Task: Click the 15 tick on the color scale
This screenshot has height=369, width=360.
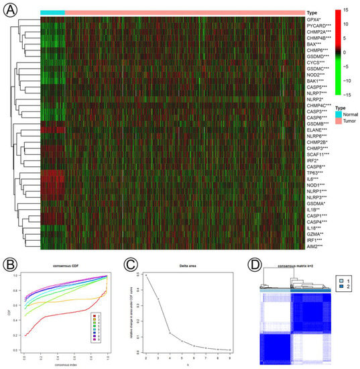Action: tap(347, 11)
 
